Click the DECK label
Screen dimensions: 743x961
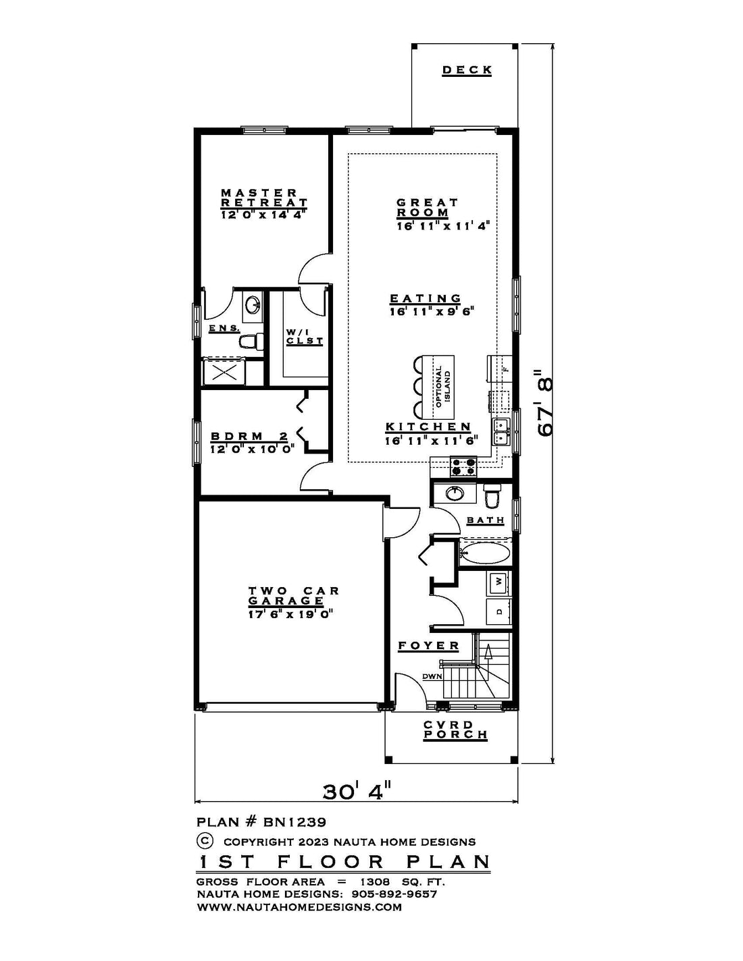[467, 70]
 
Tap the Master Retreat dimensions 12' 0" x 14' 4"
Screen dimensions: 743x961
[264, 215]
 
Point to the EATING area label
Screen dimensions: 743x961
[426, 298]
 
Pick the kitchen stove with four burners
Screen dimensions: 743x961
[463, 467]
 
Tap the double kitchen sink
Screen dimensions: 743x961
[501, 432]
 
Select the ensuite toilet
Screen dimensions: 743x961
[251, 341]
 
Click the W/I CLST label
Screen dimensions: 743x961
[305, 337]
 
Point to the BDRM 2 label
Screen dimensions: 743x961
[249, 437]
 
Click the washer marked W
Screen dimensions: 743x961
[498, 580]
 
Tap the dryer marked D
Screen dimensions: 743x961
[498, 611]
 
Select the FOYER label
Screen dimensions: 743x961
[428, 646]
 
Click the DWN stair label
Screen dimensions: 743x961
[432, 676]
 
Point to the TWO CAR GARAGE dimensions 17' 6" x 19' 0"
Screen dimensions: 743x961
[290, 614]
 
